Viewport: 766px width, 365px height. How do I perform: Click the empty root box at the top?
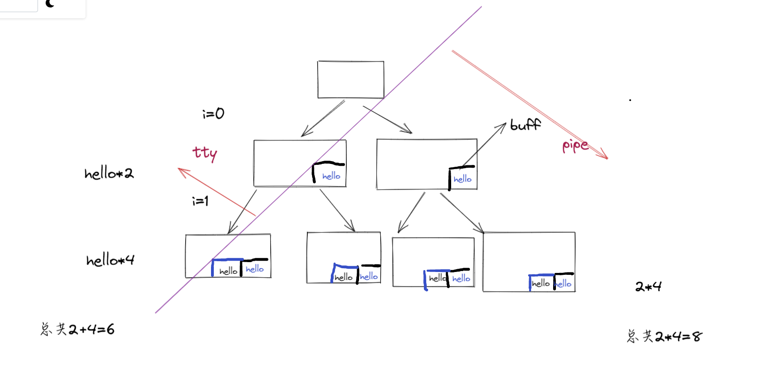[x=351, y=79]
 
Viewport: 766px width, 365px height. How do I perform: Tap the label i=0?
[x=213, y=113]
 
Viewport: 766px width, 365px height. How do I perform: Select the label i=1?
[x=200, y=201]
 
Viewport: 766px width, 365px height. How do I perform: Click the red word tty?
[x=205, y=153]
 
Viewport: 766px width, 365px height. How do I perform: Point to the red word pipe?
[x=575, y=146]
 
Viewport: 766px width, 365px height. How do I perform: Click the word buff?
[x=525, y=125]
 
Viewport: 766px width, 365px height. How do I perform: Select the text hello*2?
[x=109, y=173]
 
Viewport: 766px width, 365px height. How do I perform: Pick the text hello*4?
[x=110, y=260]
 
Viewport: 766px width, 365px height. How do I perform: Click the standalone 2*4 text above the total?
[x=648, y=287]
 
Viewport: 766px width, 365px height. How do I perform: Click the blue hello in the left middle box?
[x=331, y=176]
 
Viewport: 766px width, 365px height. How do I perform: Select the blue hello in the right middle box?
[x=462, y=179]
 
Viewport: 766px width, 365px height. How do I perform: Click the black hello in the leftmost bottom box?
[x=228, y=271]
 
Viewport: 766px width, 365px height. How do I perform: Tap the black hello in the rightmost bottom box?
[x=541, y=283]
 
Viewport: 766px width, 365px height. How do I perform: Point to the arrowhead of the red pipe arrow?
[x=605, y=157]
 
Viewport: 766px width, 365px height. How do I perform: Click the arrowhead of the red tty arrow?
[x=181, y=170]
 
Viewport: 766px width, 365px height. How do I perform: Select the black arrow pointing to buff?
[x=484, y=145]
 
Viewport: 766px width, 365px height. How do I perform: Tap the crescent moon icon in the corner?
[x=50, y=4]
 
